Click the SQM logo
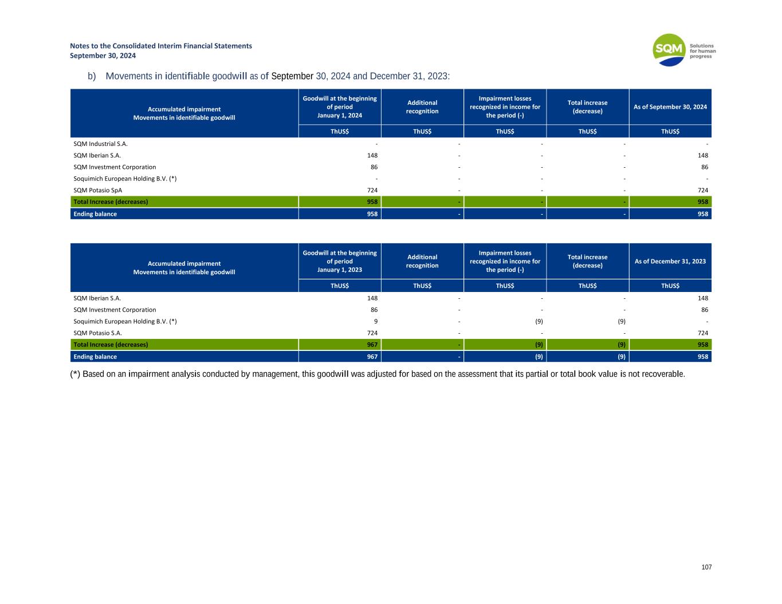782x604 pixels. [x=669, y=50]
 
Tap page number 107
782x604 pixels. [x=706, y=567]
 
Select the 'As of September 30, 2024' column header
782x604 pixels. [x=670, y=107]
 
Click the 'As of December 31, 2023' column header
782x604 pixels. [x=670, y=261]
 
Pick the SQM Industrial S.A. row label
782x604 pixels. [x=101, y=144]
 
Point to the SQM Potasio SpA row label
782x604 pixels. [x=98, y=190]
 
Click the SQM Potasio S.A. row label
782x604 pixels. [x=98, y=333]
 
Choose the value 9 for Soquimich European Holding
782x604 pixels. [x=375, y=321]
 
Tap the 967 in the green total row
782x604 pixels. [x=372, y=345]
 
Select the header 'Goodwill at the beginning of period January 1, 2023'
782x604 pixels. [x=340, y=261]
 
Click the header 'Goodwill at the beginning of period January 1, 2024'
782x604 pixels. [x=340, y=107]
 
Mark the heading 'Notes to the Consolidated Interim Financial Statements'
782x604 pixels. [x=161, y=46]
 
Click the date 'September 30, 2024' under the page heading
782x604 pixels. [x=103, y=56]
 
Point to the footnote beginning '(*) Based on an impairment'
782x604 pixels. [x=378, y=374]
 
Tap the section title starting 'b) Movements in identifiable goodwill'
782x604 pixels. [x=269, y=76]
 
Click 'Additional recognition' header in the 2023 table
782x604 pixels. [x=422, y=261]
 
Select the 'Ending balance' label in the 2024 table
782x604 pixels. [x=95, y=214]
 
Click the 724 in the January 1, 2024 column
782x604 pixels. [x=372, y=190]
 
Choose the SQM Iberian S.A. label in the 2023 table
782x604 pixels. [x=97, y=298]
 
